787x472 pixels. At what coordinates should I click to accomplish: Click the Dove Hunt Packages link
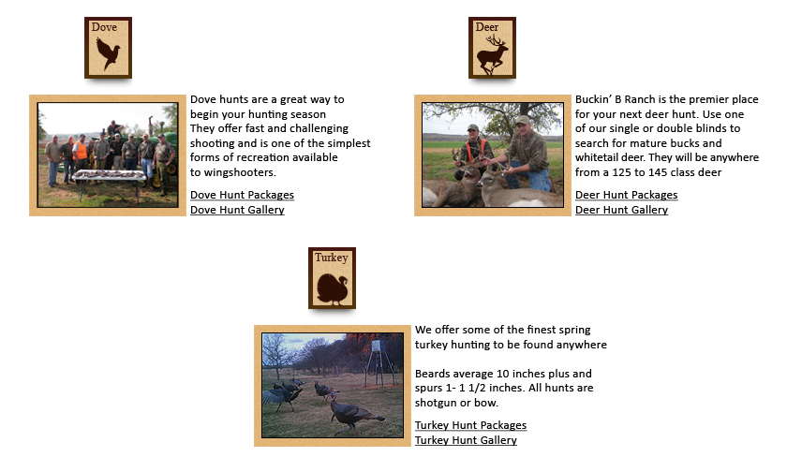pyautogui.click(x=242, y=195)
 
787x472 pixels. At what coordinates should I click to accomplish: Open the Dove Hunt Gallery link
pyautogui.click(x=237, y=210)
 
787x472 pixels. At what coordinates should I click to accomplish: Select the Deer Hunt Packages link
pyautogui.click(x=627, y=195)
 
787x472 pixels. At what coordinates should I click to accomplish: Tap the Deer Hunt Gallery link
pyautogui.click(x=621, y=210)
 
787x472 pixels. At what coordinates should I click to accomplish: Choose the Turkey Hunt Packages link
pyautogui.click(x=470, y=425)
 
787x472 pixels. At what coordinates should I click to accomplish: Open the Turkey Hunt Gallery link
pyautogui.click(x=466, y=440)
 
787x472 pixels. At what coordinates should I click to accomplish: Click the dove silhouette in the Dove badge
pyautogui.click(x=108, y=53)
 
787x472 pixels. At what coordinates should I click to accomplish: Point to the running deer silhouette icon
pyautogui.click(x=493, y=54)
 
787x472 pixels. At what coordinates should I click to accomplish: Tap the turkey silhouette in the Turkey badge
pyautogui.click(x=333, y=289)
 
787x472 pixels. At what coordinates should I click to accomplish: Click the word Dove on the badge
pyautogui.click(x=104, y=27)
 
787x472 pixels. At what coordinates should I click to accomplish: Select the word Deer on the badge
pyautogui.click(x=487, y=27)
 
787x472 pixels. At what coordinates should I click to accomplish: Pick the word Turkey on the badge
pyautogui.click(x=332, y=258)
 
